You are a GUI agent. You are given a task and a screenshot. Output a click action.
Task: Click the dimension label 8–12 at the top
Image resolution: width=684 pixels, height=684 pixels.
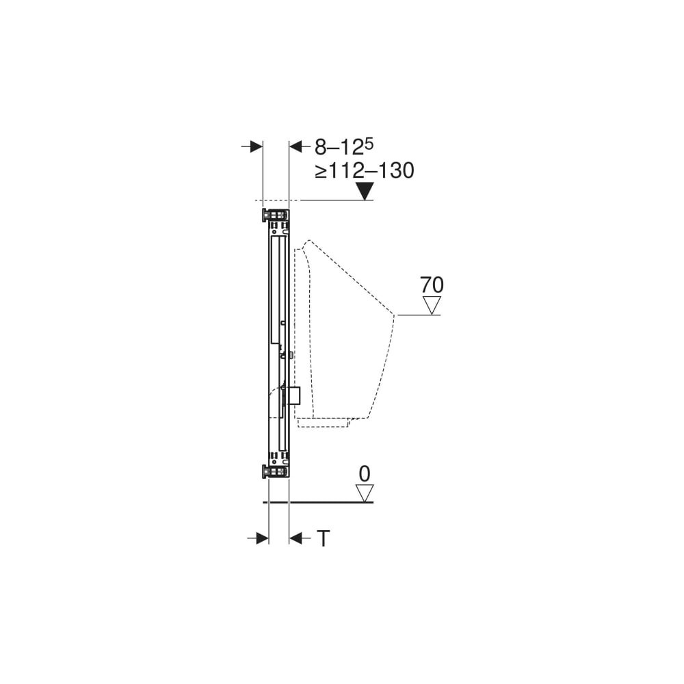click(x=339, y=148)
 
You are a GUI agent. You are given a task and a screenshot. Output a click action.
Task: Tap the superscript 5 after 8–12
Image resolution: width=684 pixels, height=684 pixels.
click(x=369, y=144)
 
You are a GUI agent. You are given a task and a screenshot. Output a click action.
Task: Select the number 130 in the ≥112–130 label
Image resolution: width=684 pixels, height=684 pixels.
click(x=396, y=170)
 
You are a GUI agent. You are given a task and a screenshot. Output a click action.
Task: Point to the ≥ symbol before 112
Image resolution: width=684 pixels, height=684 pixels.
click(x=321, y=172)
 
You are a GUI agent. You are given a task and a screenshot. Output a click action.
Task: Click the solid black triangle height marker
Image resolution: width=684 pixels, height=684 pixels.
click(x=365, y=192)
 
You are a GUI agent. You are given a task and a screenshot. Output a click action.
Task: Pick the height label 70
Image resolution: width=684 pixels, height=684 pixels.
click(x=432, y=285)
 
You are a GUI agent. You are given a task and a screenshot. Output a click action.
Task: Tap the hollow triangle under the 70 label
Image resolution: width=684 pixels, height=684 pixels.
click(x=432, y=305)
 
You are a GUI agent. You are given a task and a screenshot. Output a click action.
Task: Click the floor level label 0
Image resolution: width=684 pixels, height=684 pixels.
click(x=365, y=474)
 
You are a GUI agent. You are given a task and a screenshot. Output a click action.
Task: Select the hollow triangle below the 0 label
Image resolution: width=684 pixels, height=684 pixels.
click(x=365, y=493)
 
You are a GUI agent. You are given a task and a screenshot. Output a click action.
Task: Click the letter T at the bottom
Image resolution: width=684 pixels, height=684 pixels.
click(x=323, y=538)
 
